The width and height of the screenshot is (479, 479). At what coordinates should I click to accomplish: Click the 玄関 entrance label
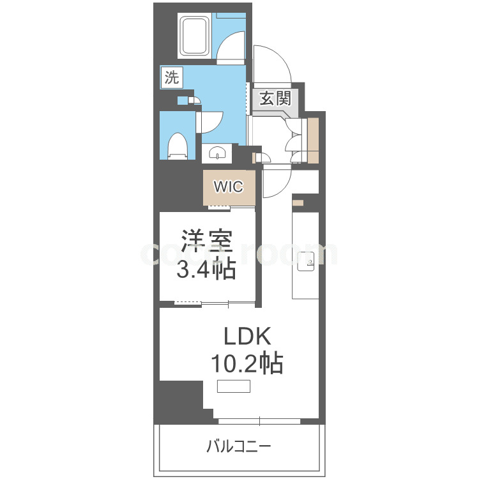pos(275,99)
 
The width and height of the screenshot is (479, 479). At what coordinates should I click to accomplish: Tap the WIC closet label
pos(228,187)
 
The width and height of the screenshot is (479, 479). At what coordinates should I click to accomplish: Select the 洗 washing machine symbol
pos(172,79)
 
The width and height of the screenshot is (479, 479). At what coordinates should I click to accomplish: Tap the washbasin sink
pos(218,154)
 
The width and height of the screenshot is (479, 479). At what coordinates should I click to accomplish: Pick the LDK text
pos(247,337)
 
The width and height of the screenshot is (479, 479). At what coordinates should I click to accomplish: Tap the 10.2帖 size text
pos(247,364)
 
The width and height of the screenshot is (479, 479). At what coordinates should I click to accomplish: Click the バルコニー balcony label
pos(238,445)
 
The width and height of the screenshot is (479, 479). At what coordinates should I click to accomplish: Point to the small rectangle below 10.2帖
pos(233,386)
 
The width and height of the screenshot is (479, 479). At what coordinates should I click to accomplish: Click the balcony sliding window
pos(259,420)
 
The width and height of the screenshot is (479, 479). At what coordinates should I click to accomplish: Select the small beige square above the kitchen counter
pos(298,203)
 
